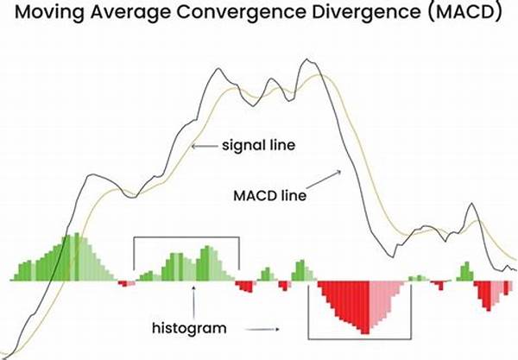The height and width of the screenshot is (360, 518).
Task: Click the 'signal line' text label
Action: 260,146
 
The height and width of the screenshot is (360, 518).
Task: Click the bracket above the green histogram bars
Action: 186,239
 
